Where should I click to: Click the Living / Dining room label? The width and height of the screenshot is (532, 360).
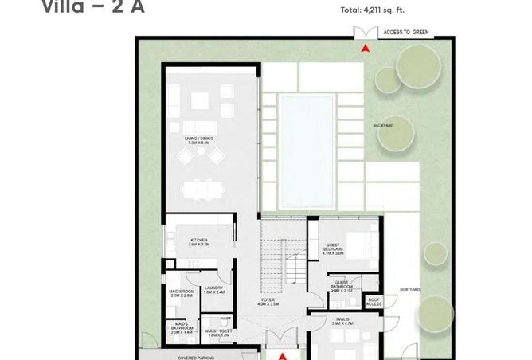click(195, 141)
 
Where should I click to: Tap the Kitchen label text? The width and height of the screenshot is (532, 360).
click(198, 242)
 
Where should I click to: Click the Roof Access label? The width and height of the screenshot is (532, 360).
click(374, 302)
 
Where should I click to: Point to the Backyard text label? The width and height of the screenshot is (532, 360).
click(383, 126)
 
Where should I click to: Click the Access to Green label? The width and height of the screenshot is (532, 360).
click(406, 33)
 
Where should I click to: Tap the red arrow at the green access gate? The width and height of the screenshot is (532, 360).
click(366, 49)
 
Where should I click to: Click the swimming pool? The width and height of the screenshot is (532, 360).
click(307, 151)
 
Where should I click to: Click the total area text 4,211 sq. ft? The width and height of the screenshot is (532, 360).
click(373, 10)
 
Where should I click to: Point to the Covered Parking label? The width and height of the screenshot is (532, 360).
click(197, 358)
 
